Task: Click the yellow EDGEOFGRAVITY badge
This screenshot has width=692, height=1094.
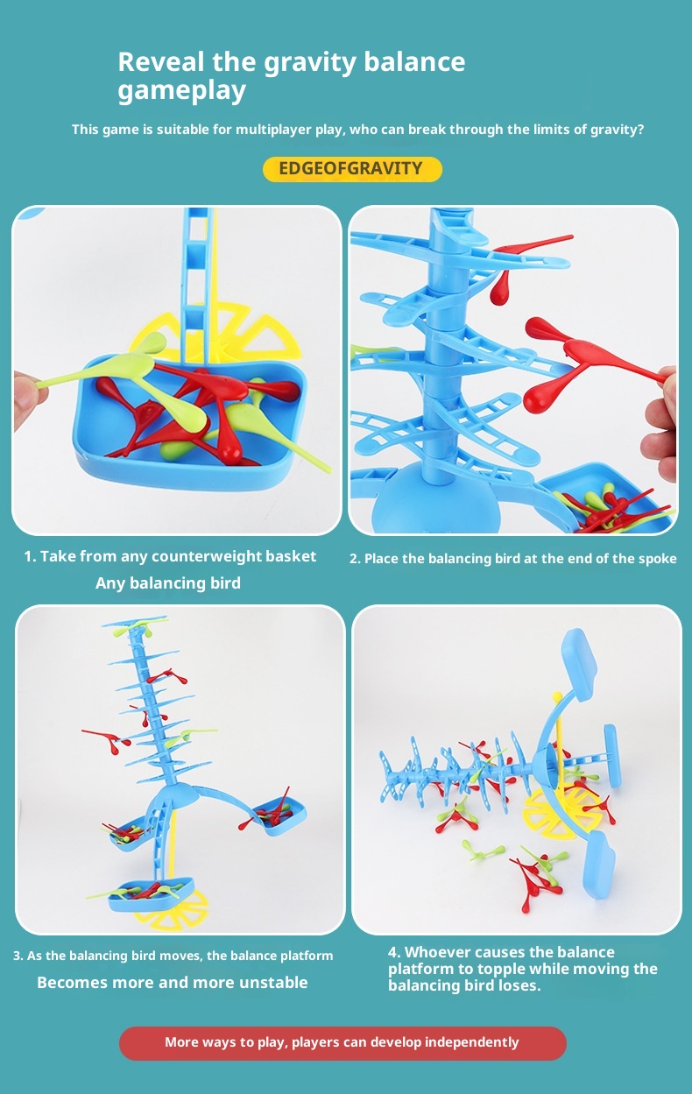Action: pos(352,169)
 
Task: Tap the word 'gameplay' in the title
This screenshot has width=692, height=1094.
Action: pos(181,91)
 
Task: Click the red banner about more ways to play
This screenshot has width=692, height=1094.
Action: pos(342,1042)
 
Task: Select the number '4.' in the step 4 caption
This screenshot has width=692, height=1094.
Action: pos(394,952)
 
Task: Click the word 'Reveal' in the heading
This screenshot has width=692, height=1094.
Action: pos(162,62)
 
